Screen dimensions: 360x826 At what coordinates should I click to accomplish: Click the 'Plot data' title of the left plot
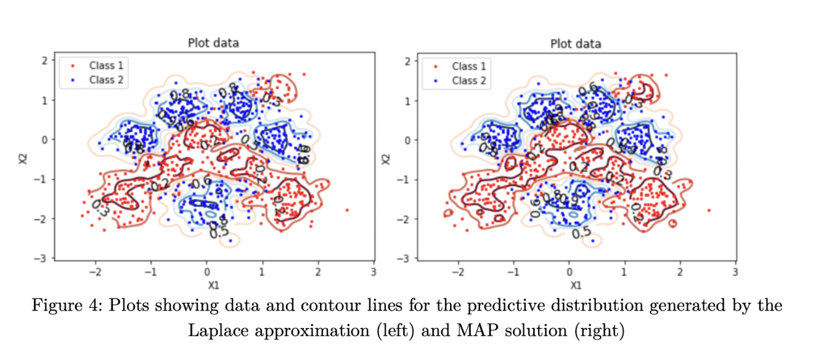tap(213, 43)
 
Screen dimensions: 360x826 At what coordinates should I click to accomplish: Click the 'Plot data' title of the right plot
tap(575, 44)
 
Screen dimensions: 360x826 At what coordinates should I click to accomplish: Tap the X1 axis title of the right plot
tap(575, 285)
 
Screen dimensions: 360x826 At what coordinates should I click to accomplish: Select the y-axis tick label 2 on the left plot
tap(44, 60)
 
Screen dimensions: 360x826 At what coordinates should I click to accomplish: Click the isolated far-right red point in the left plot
tap(347, 210)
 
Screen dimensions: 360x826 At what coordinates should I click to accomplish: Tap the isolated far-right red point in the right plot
tap(709, 210)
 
